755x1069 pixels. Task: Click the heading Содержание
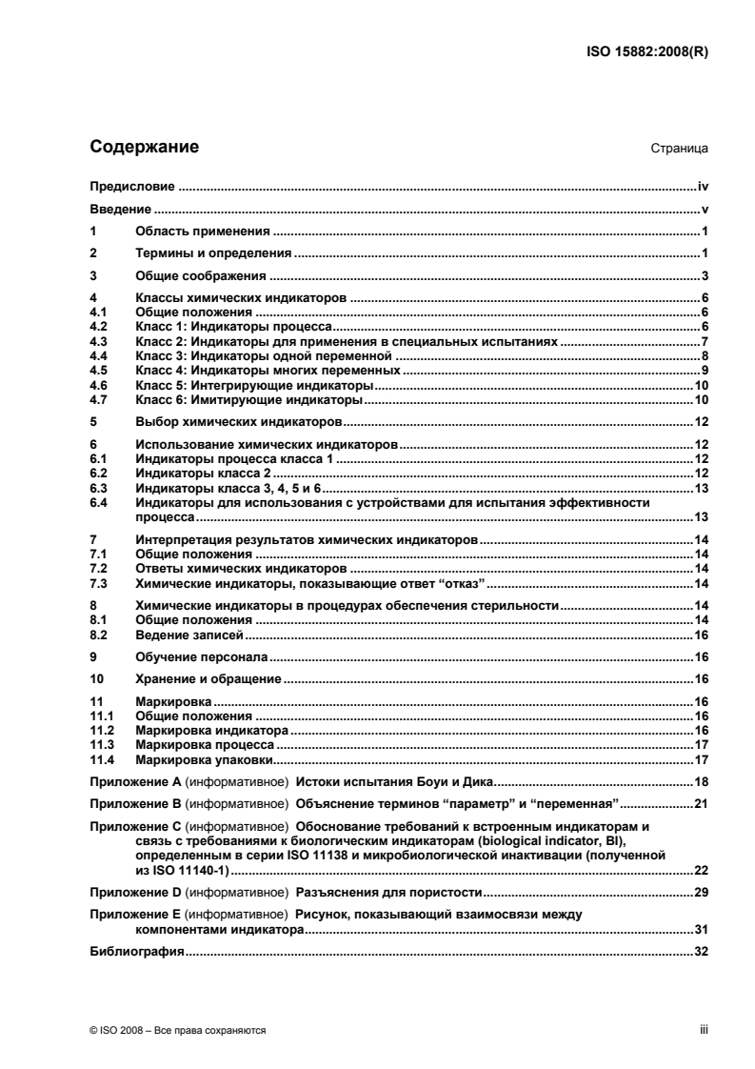point(144,148)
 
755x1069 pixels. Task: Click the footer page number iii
point(705,1030)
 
